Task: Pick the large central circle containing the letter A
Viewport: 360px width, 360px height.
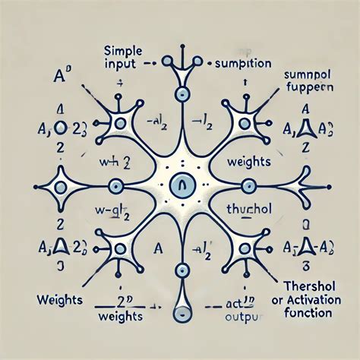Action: click(180, 184)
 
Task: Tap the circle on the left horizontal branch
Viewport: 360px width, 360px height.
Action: click(114, 185)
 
